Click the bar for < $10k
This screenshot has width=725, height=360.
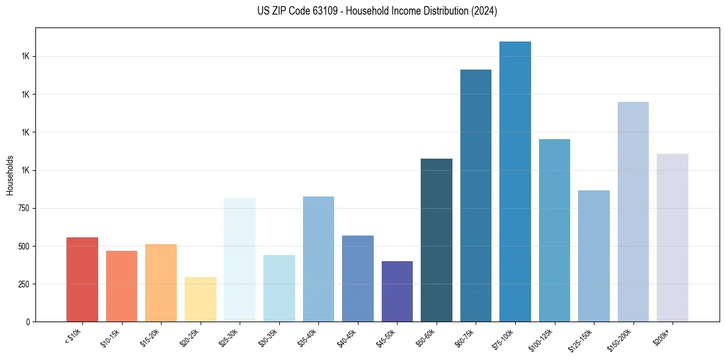coord(82,279)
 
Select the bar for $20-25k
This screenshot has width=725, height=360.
coord(200,299)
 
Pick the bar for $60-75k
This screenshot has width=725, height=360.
coord(476,195)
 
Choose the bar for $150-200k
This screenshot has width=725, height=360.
coord(633,212)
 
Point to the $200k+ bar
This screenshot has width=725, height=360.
coord(673,237)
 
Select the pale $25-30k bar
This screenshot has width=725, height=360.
coord(240,260)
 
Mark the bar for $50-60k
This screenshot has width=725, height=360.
coord(437,240)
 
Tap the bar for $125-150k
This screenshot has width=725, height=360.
coord(594,256)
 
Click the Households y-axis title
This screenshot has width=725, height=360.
coord(10,175)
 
